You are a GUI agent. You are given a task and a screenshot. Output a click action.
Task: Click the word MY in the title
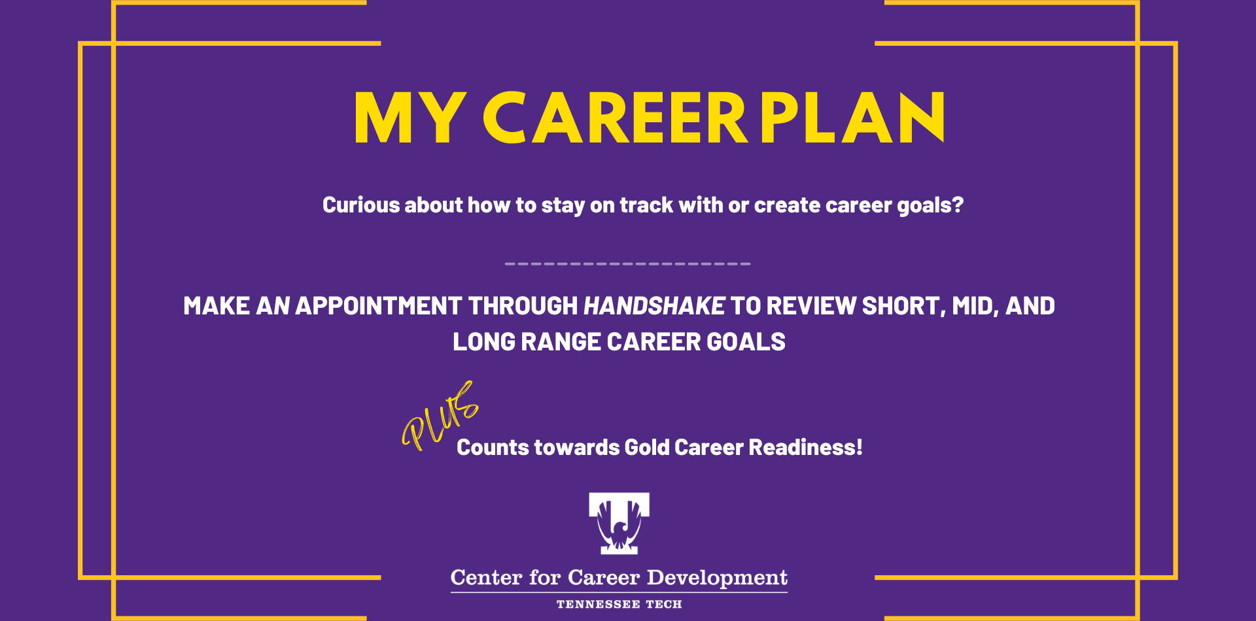pos(410,118)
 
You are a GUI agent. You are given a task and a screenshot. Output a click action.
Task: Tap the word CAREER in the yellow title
pos(615,118)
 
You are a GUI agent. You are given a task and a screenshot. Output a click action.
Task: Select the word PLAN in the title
pos(852,118)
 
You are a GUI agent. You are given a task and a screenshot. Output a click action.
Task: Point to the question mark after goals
pos(958,205)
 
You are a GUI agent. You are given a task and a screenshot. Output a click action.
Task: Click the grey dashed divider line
pos(628,263)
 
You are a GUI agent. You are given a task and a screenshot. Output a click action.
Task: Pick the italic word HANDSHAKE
pos(654,306)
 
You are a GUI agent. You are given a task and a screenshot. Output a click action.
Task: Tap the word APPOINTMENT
pos(379,306)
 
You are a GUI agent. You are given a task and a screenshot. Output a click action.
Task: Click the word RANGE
pos(561,342)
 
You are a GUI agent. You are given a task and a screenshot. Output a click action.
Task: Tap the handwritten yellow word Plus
pos(440,416)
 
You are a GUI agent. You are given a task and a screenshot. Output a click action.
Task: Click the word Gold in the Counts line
pos(647,447)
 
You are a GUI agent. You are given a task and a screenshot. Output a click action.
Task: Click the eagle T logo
pos(619,523)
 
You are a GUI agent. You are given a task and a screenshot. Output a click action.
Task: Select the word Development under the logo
pos(717,578)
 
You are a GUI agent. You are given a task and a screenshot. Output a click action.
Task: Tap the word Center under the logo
pos(487,578)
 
